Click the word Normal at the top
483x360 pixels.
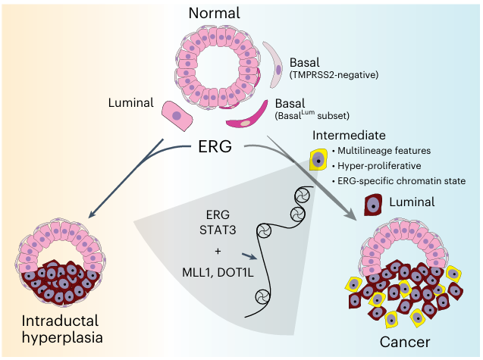[x=215, y=14]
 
